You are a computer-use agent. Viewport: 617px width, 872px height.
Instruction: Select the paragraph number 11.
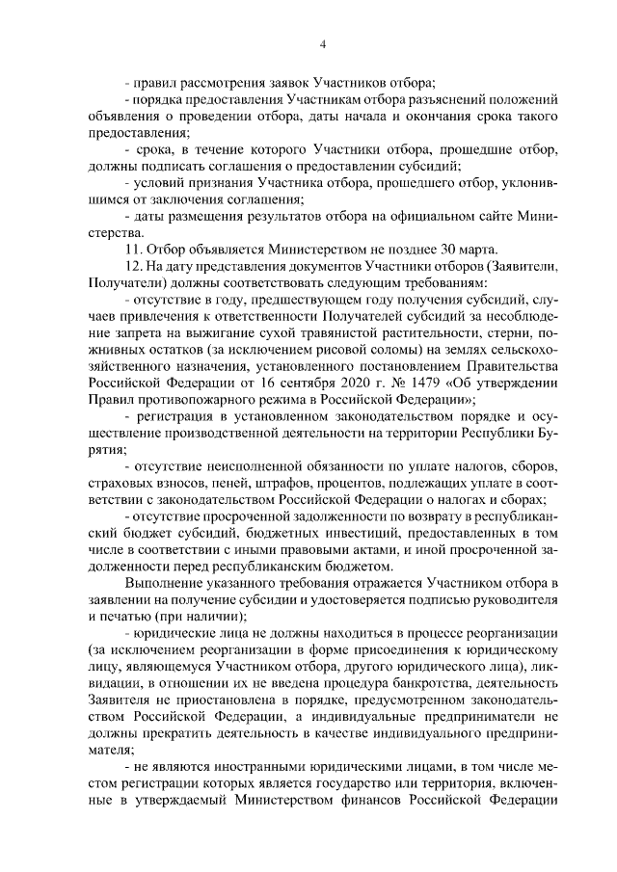click(134, 249)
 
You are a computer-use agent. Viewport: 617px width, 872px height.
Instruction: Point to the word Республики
click(486, 433)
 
